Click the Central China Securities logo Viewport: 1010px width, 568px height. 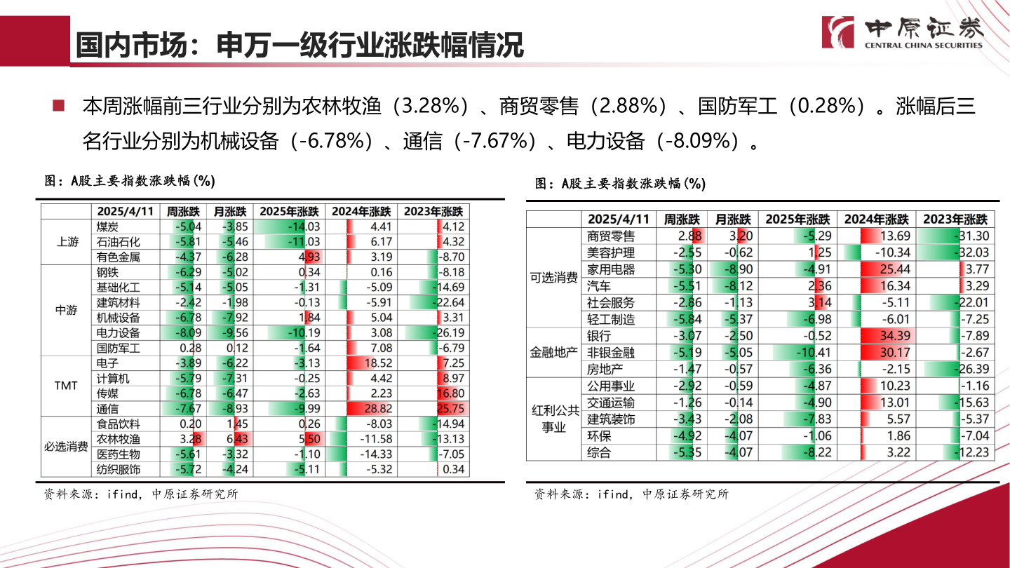(x=903, y=32)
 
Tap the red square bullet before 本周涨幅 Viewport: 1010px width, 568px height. (x=58, y=106)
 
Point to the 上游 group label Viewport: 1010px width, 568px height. (x=67, y=242)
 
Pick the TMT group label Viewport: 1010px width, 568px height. (x=67, y=386)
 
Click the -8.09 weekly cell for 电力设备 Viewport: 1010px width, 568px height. (x=182, y=333)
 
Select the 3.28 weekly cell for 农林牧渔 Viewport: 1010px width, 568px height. (x=182, y=439)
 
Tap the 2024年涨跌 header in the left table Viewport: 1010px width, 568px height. (x=361, y=211)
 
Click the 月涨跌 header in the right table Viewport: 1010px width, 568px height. (x=732, y=219)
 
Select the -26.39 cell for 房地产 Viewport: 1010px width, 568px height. (x=956, y=369)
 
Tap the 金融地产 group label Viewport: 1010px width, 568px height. (x=553, y=352)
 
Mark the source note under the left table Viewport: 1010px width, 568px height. (x=141, y=494)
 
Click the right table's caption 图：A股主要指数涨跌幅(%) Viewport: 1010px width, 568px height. (x=619, y=184)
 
